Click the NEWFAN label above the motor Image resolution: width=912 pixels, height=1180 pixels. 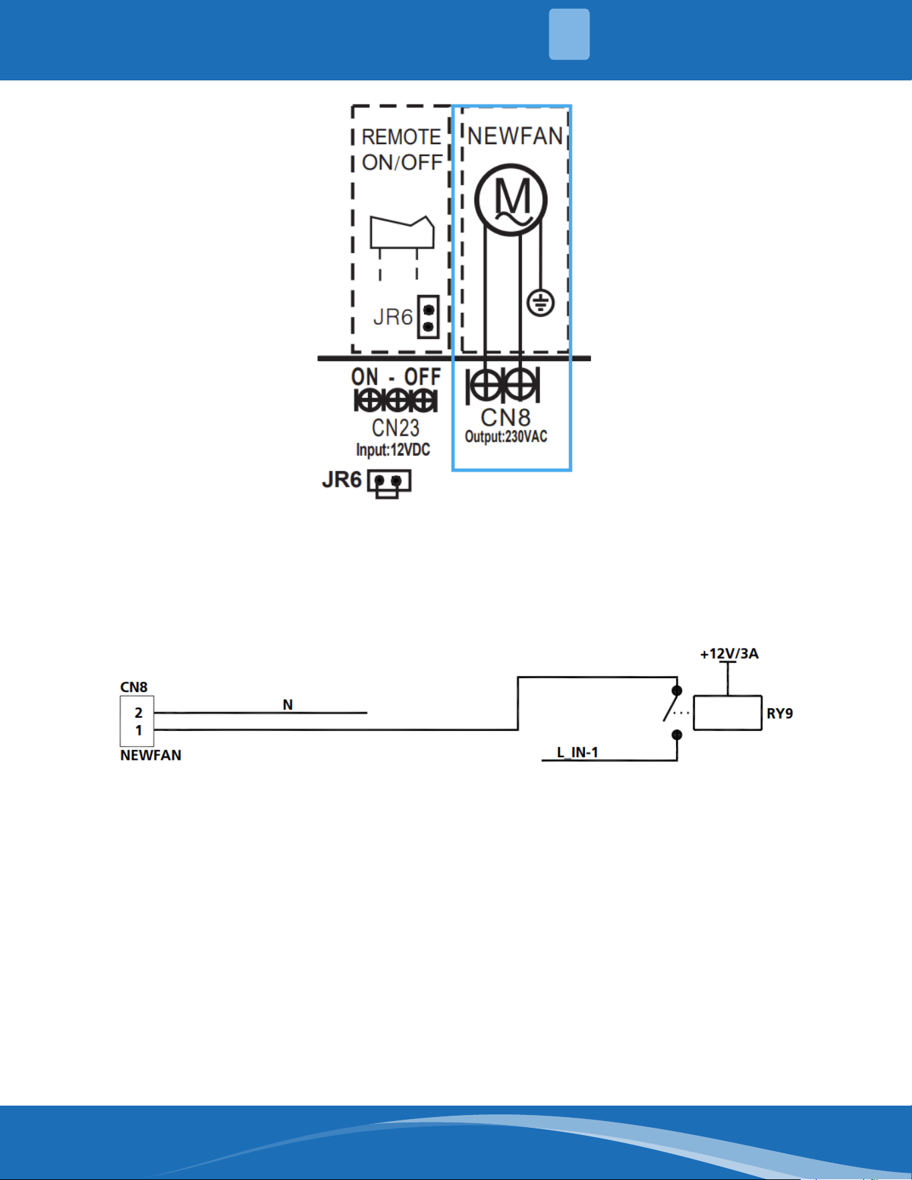[515, 136]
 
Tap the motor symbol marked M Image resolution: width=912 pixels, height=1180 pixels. [511, 200]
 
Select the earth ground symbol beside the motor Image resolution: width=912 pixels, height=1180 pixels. [540, 303]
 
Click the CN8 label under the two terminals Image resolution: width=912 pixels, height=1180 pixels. [506, 417]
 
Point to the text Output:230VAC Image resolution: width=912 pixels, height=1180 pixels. [506, 437]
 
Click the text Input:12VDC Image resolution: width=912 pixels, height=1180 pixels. [393, 450]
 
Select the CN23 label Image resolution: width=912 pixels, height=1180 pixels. [395, 428]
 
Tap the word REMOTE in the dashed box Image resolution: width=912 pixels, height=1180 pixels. [401, 137]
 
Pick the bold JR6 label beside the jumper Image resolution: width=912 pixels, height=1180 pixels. [342, 480]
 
